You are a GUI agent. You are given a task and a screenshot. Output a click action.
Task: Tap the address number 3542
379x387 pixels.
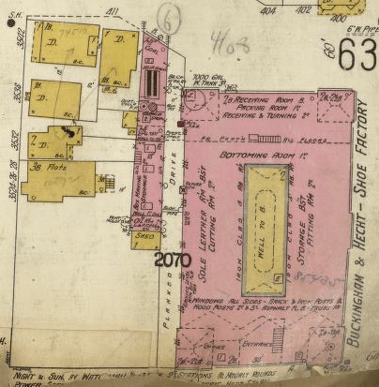pos(18,40)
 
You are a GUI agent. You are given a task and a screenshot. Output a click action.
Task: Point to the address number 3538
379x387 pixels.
pos(18,95)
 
